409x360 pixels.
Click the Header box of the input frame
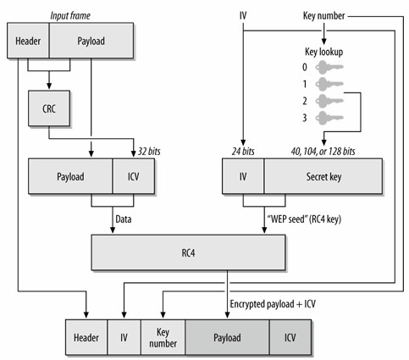point(29,40)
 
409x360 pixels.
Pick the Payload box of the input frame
point(91,40)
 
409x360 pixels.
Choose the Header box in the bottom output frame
point(86,337)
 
